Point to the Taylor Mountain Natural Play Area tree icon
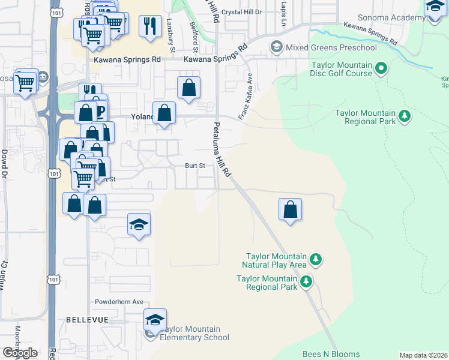click(x=316, y=260)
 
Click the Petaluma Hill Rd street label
click(x=220, y=150)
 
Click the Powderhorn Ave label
click(x=119, y=302)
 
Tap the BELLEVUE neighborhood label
click(x=87, y=320)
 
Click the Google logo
click(x=20, y=353)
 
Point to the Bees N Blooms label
click(x=331, y=355)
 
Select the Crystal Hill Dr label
click(x=242, y=12)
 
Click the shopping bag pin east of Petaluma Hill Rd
click(x=290, y=209)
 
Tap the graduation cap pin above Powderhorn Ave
click(x=139, y=225)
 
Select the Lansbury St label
click(x=170, y=32)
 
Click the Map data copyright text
click(x=424, y=355)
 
